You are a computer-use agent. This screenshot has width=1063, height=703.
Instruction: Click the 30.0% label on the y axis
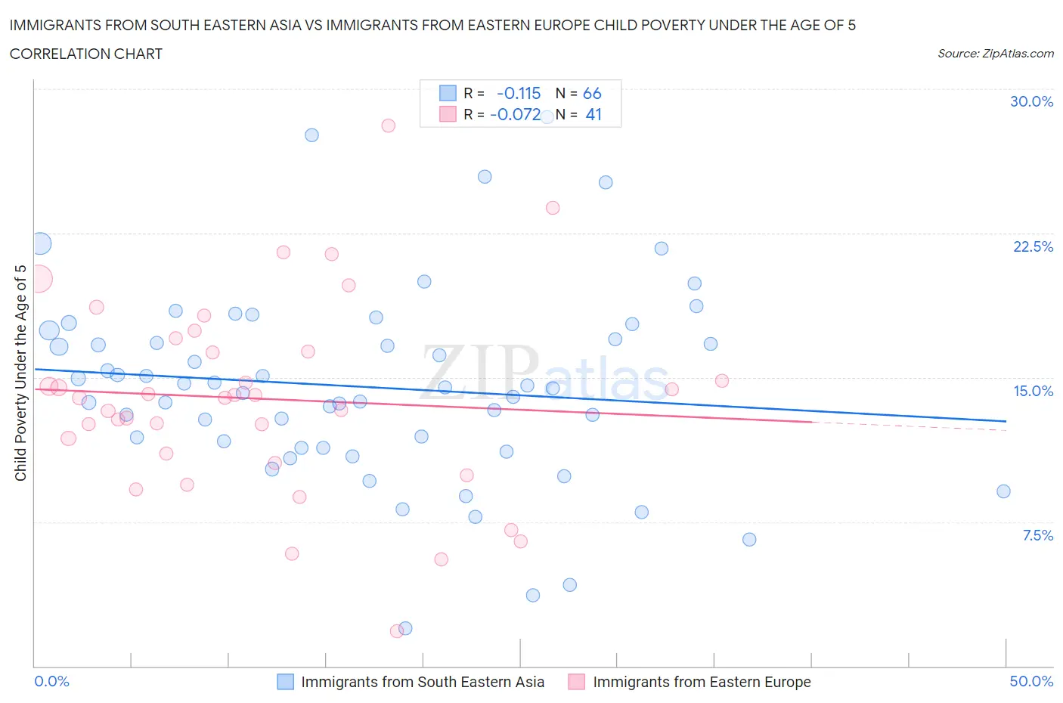[x=1031, y=101]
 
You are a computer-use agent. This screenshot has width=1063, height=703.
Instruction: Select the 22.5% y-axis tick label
[x=1033, y=246]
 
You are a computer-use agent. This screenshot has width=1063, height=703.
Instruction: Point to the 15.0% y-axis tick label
[x=1033, y=391]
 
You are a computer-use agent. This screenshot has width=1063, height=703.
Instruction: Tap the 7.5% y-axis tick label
[x=1037, y=535]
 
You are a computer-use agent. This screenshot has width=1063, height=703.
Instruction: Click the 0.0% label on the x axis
[x=52, y=681]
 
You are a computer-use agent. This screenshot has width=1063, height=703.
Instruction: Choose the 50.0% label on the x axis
[x=1031, y=681]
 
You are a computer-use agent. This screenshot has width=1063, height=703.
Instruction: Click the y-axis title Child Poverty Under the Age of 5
[x=21, y=373]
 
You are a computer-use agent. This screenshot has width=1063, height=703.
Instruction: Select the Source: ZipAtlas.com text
[x=995, y=53]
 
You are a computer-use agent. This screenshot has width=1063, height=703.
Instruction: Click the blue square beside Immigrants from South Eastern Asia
[x=285, y=682]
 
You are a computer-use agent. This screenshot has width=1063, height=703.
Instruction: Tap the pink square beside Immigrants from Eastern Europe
[x=577, y=682]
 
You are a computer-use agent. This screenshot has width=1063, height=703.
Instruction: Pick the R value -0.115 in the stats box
[x=519, y=93]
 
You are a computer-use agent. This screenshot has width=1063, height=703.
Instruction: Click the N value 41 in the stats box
[x=593, y=114]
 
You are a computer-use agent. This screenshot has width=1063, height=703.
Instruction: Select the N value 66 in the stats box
[x=592, y=93]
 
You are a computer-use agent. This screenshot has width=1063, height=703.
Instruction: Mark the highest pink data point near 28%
[x=388, y=125]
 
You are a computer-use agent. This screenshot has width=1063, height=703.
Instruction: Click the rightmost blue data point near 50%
[x=1003, y=491]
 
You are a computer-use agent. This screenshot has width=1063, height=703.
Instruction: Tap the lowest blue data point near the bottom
[x=405, y=628]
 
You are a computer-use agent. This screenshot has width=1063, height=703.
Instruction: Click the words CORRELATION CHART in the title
[x=86, y=54]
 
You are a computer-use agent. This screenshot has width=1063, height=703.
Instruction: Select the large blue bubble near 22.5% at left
[x=41, y=243]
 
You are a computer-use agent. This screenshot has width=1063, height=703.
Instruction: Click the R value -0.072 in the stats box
[x=515, y=114]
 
